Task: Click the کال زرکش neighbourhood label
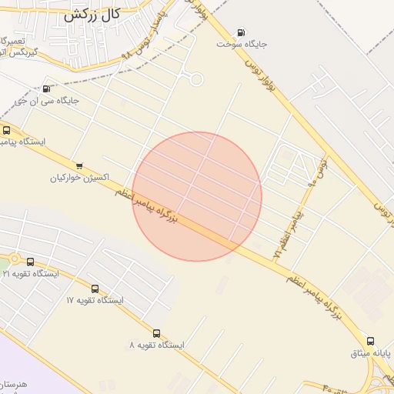(92, 14)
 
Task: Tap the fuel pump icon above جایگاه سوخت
(242, 32)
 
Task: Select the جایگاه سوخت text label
(241, 45)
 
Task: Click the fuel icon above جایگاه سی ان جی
(47, 88)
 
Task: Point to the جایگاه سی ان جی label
(48, 101)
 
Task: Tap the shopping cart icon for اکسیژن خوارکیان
(79, 165)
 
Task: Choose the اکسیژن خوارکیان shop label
(79, 178)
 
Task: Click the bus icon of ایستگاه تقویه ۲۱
(30, 262)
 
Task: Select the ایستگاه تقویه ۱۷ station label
(95, 300)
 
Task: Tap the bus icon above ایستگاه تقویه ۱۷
(95, 289)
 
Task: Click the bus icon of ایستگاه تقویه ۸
(157, 333)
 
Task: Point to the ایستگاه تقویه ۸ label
(157, 346)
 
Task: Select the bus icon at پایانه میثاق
(370, 341)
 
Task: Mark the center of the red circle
(197, 196)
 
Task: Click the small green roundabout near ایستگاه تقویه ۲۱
(14, 259)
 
